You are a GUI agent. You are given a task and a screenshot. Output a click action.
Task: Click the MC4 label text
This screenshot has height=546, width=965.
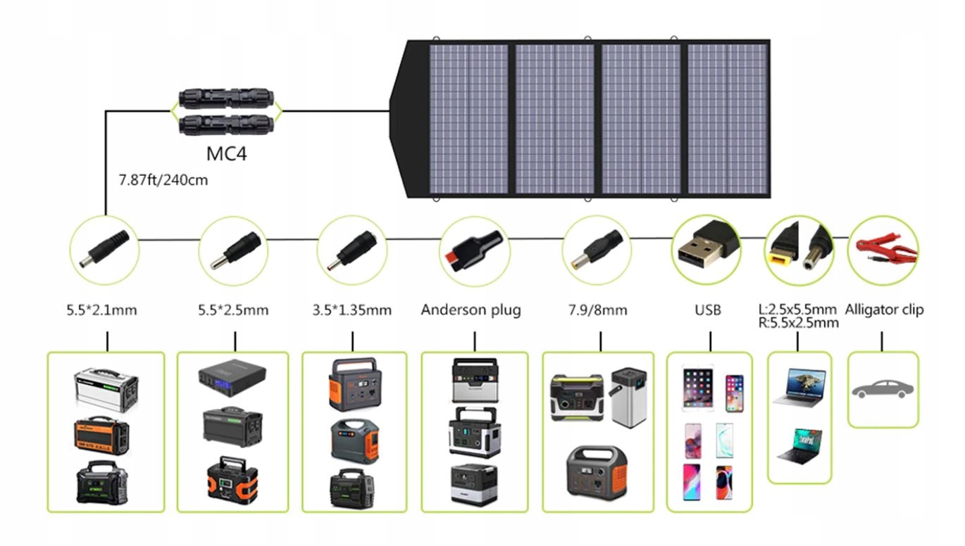(x=227, y=152)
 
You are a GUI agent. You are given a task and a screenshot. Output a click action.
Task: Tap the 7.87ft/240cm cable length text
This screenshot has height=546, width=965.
(x=163, y=180)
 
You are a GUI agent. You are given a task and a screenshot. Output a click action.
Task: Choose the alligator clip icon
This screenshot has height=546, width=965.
(x=884, y=250)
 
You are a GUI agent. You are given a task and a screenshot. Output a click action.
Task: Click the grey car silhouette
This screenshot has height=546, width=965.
(x=883, y=389)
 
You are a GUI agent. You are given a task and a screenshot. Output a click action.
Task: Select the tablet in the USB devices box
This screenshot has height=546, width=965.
(x=697, y=388)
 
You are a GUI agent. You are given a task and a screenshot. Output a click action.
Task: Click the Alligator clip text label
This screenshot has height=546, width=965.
(x=884, y=310)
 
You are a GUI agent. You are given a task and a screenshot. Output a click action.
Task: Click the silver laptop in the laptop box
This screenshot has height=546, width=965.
(x=799, y=386)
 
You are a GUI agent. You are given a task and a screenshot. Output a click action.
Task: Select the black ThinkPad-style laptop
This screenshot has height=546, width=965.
(x=799, y=445)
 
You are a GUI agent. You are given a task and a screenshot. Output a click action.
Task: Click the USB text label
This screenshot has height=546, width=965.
(x=707, y=310)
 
